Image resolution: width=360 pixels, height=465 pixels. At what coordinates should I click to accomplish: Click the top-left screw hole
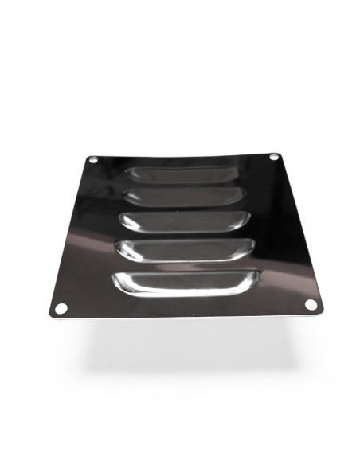coord(93,160)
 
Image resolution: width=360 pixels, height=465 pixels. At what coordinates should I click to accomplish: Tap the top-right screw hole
coord(274,157)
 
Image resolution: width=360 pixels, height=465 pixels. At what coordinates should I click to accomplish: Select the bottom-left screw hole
coord(60,307)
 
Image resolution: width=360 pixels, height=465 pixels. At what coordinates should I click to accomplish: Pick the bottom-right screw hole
coord(311,304)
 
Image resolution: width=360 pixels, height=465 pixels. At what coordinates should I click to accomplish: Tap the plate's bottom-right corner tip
coord(321,311)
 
